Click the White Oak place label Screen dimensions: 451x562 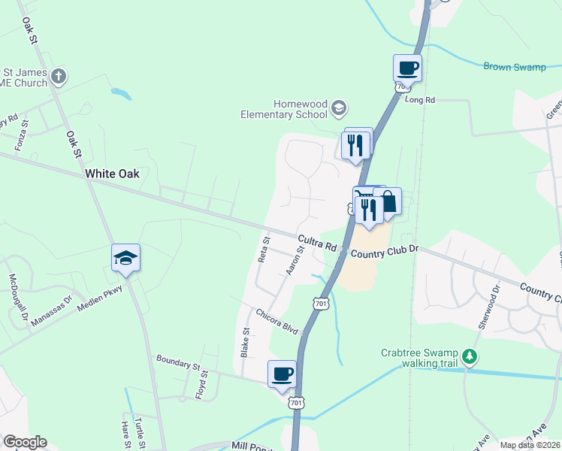pos(112,174)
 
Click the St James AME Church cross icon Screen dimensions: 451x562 pos(59,76)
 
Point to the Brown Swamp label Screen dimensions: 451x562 pos(514,67)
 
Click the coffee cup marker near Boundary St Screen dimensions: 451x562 pos(282,374)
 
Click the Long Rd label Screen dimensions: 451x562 pos(420,99)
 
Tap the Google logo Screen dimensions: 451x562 pos(24,442)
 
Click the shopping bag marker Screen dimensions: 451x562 pos(388,202)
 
